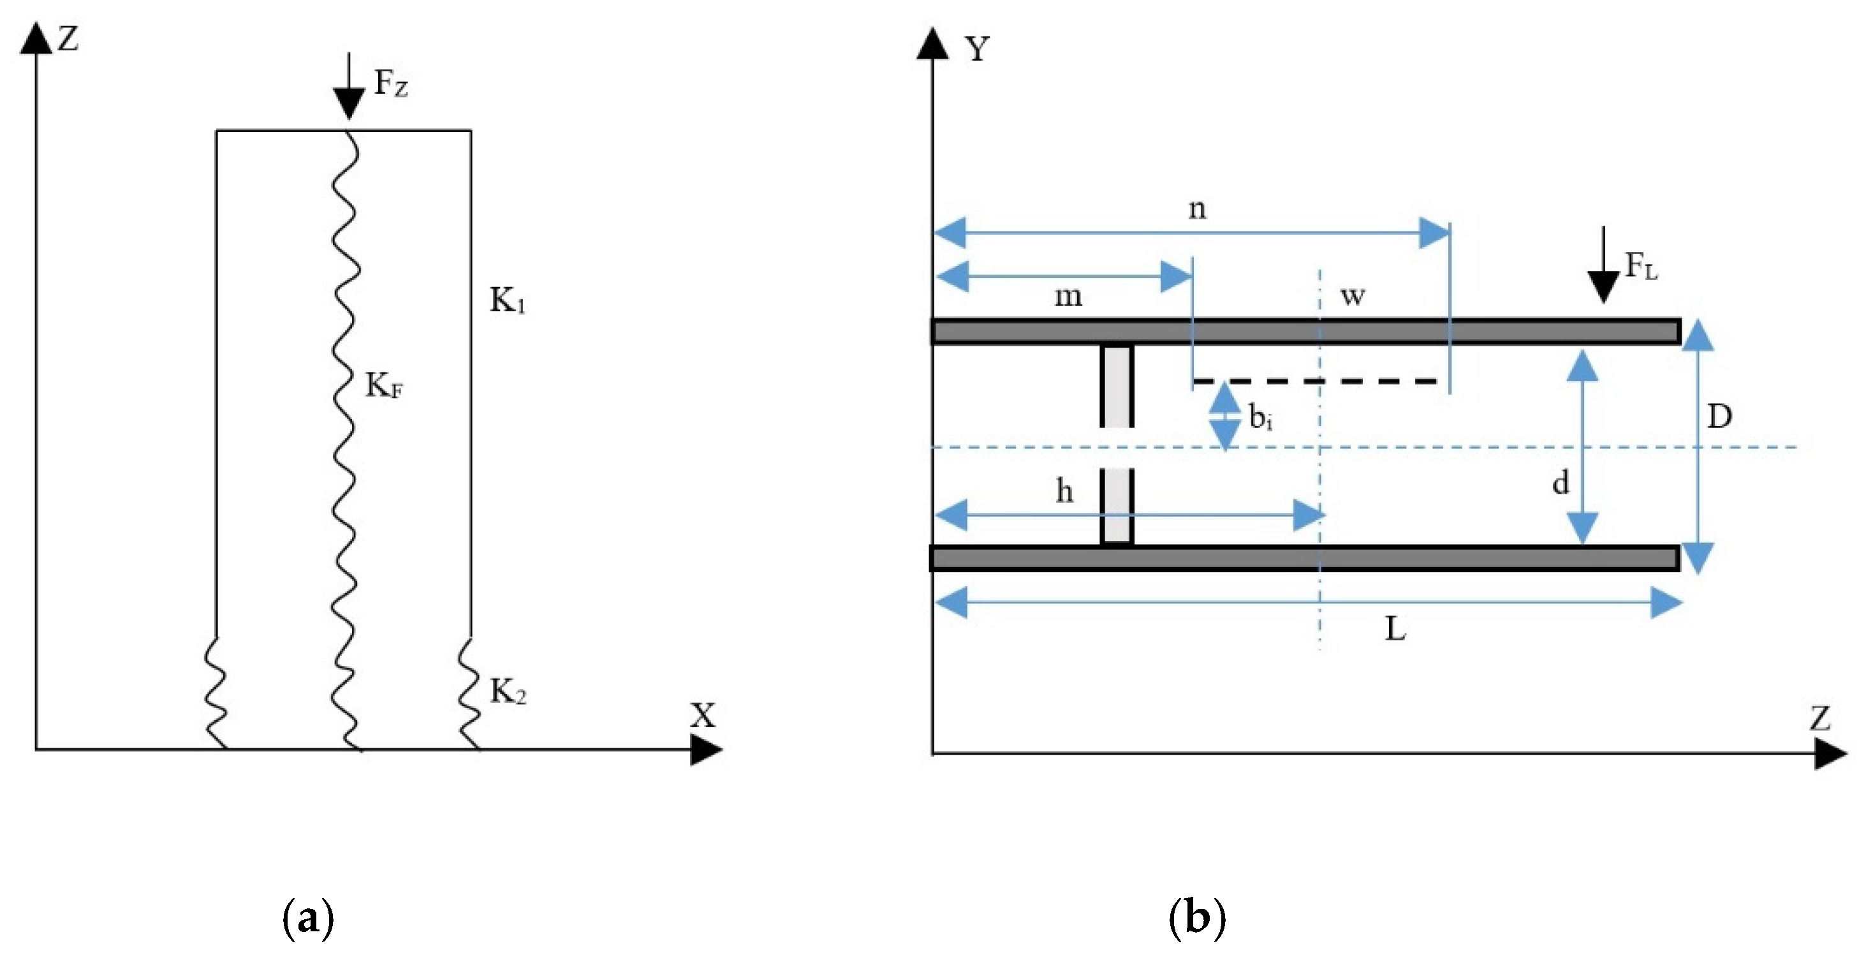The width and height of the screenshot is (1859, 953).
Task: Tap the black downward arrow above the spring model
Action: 349,87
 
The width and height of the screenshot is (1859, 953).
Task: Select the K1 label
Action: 508,300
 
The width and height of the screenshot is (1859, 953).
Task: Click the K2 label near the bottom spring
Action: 508,691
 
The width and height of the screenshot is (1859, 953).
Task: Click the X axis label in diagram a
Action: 702,716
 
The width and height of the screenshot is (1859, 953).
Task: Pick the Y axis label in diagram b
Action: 977,49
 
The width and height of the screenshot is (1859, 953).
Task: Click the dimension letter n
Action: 1196,209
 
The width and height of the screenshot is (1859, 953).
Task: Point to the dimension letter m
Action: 1068,296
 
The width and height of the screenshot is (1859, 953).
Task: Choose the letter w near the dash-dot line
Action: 1353,295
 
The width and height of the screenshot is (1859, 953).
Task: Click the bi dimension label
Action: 1260,417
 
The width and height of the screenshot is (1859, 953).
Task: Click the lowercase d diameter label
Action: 1561,482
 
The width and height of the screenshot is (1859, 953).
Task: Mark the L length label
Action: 1395,630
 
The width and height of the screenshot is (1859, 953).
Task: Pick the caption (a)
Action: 308,919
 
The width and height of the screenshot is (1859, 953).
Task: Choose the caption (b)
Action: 1196,919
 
